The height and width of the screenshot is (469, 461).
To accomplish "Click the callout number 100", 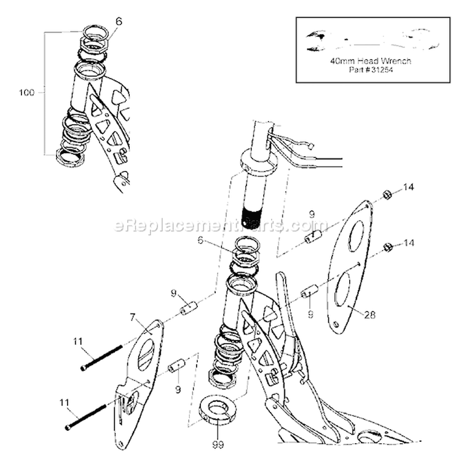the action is pyautogui.click(x=26, y=92).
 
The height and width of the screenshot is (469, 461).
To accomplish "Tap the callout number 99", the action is pyautogui.click(x=218, y=445).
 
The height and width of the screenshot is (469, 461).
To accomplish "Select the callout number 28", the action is pyautogui.click(x=370, y=314).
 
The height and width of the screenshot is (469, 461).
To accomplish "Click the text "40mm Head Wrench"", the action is pyautogui.click(x=371, y=61).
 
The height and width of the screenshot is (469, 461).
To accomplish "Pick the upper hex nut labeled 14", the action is pyautogui.click(x=387, y=195).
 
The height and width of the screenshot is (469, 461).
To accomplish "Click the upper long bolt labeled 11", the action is pyautogui.click(x=101, y=358).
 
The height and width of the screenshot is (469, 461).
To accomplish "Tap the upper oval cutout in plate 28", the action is pyautogui.click(x=356, y=236).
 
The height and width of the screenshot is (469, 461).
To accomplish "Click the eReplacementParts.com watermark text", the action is pyautogui.click(x=221, y=225).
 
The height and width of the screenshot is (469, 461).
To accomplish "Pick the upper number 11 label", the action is pyautogui.click(x=77, y=341).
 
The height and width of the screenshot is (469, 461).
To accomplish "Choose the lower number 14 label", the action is pyautogui.click(x=408, y=243).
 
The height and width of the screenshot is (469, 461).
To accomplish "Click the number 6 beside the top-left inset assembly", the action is pyautogui.click(x=119, y=22).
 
